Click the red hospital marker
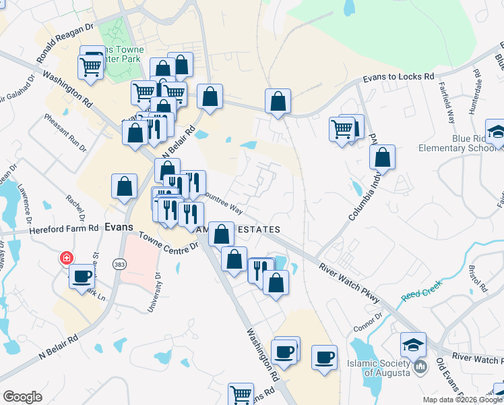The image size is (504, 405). click(66, 257)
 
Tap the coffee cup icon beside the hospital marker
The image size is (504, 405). click(82, 275)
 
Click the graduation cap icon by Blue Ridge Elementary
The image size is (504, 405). click(497, 131)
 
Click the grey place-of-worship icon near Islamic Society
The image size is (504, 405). click(421, 368)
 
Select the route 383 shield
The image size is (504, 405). click(119, 263)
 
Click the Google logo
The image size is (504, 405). click(22, 397)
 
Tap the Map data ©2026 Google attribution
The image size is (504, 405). click(462, 400)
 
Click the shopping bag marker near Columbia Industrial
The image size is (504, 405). click(382, 157)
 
